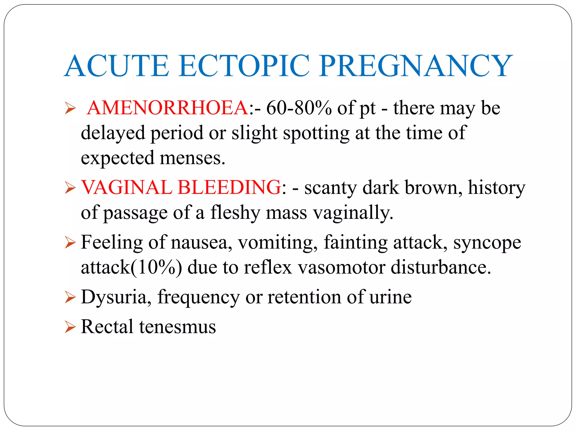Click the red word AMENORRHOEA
tap(168, 108)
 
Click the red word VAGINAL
tap(127, 187)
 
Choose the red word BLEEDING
tap(229, 187)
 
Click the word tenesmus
tap(177, 327)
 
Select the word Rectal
tap(107, 327)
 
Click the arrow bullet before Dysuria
tap(70, 298)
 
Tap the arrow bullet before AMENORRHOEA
tap(70, 108)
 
